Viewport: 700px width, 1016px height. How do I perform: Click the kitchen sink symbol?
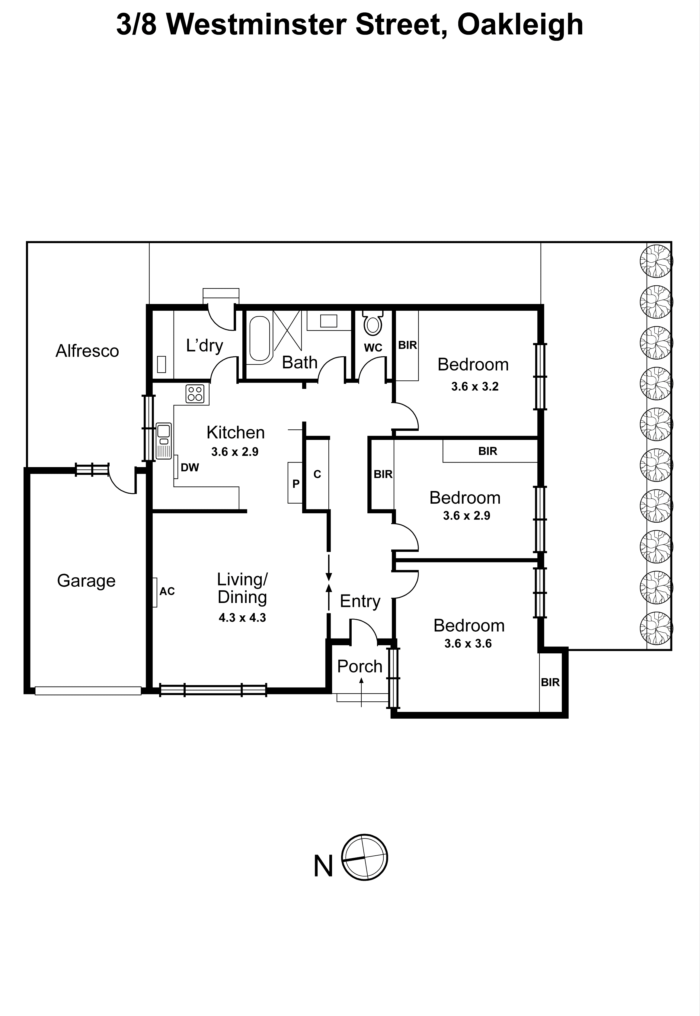point(164,441)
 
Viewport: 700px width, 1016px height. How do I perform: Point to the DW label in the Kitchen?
point(190,468)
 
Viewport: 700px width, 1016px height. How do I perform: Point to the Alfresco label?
point(87,351)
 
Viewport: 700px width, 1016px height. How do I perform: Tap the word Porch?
point(360,666)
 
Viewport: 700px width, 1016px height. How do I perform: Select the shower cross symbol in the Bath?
point(287,331)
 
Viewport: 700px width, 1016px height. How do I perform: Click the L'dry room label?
point(204,346)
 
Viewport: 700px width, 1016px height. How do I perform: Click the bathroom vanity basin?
point(328,321)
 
